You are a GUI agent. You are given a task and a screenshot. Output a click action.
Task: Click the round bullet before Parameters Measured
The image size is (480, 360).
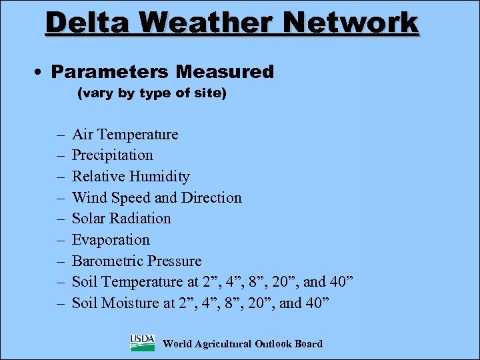(42, 72)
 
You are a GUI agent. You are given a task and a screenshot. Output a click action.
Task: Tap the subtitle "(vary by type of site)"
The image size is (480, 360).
(152, 93)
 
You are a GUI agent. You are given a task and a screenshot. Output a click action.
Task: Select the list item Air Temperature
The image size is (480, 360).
(125, 135)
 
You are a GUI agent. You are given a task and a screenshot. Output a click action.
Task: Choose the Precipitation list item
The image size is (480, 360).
(112, 155)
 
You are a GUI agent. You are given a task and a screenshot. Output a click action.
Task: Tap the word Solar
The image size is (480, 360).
(89, 219)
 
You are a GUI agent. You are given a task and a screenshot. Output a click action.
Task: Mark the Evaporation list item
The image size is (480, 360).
(111, 240)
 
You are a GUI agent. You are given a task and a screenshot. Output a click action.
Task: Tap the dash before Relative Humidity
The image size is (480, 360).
(60, 177)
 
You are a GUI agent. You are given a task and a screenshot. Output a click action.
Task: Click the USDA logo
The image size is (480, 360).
(142, 343)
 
